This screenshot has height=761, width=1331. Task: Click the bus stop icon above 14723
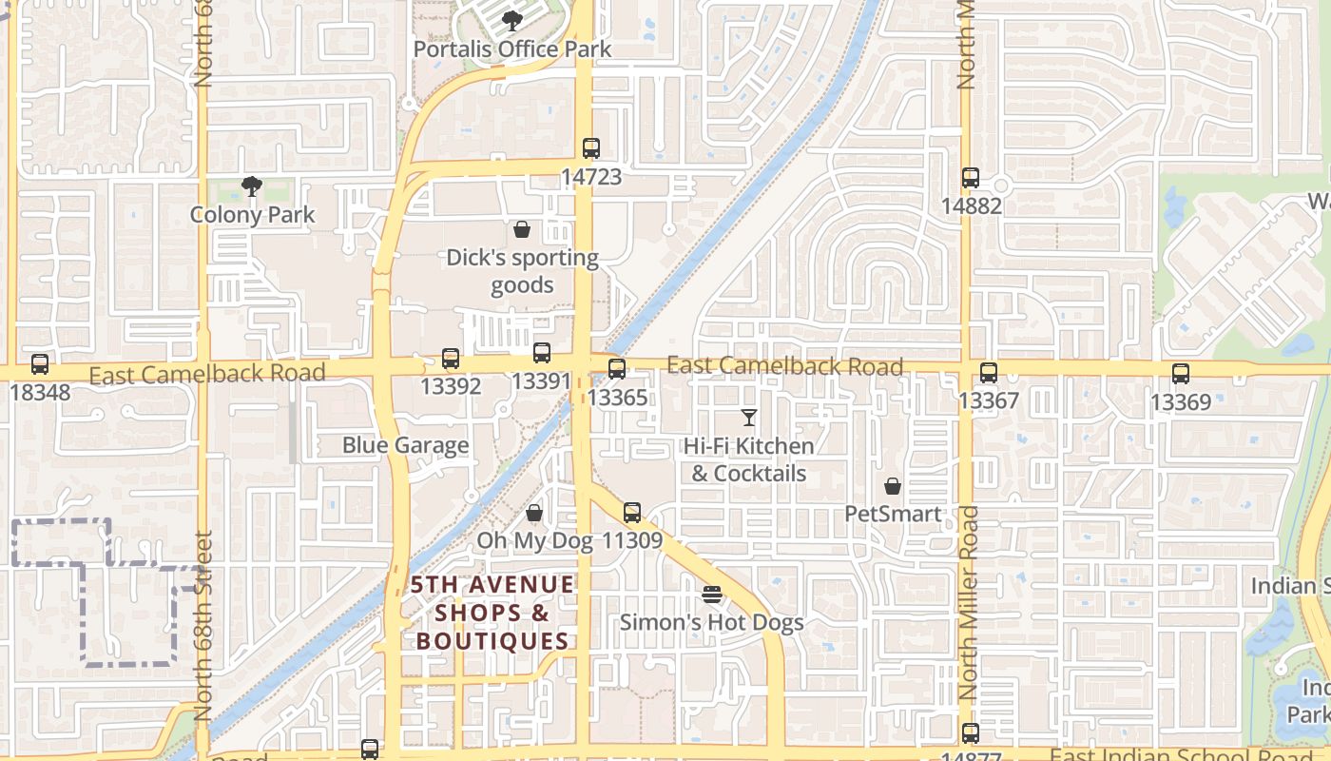click(x=590, y=148)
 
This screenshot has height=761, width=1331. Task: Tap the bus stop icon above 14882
click(x=970, y=178)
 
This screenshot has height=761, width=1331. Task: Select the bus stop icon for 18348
click(x=39, y=363)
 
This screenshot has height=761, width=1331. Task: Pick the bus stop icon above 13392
click(x=451, y=359)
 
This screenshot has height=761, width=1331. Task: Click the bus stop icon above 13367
click(x=989, y=373)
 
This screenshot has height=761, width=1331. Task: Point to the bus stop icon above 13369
click(x=1181, y=374)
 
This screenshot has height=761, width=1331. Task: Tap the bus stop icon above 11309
click(x=631, y=513)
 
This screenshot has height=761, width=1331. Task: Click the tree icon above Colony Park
click(x=252, y=186)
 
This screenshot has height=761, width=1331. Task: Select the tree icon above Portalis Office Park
click(x=512, y=20)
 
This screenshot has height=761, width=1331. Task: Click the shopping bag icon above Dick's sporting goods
click(x=521, y=229)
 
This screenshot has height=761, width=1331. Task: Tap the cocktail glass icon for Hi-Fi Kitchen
click(x=749, y=418)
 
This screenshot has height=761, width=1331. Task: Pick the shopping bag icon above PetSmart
click(x=893, y=487)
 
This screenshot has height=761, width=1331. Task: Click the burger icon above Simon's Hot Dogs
click(x=712, y=595)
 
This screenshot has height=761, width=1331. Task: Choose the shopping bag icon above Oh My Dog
click(x=534, y=514)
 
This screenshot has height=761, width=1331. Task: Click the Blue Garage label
click(x=406, y=445)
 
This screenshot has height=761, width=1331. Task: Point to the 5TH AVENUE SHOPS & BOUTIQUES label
click(x=493, y=613)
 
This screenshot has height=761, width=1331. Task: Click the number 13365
click(x=618, y=397)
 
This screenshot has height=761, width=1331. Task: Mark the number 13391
click(x=541, y=381)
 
